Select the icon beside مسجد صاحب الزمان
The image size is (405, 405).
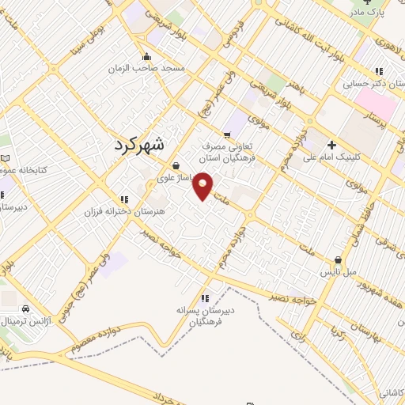coord(146,57)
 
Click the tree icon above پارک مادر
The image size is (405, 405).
coord(356,2)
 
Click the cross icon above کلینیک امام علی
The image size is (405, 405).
coord(331,145)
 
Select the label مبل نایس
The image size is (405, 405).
coord(339,271)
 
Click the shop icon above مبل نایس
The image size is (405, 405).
coord(339,259)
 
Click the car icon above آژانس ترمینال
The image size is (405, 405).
coord(27,308)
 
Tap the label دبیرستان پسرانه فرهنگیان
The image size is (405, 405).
coord(206,316)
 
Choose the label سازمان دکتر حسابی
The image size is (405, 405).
coord(369,81)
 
